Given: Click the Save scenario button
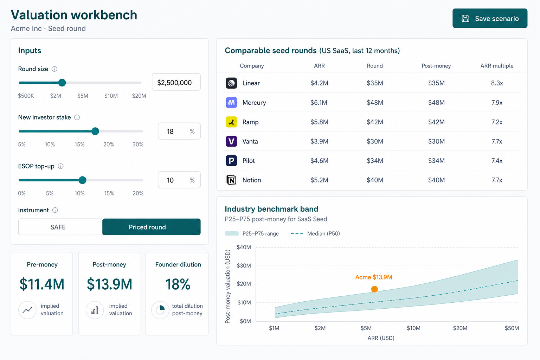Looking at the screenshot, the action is [x=490, y=18].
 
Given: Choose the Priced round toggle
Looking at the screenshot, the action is [x=152, y=227].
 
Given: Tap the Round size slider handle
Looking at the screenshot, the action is [x=62, y=83].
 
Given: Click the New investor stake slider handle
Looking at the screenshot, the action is [x=95, y=131].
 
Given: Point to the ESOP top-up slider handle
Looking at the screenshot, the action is [x=83, y=180].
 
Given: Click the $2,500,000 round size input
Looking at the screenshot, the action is [x=176, y=82].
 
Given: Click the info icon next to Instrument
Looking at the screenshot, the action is [x=55, y=210].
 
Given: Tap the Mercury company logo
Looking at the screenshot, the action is [x=231, y=102].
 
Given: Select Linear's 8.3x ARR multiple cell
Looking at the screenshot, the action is [x=497, y=83].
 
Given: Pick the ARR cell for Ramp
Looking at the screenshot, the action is [x=319, y=122].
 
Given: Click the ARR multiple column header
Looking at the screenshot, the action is [x=497, y=66].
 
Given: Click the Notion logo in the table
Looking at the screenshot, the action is [x=231, y=180].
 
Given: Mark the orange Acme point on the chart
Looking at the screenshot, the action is [x=374, y=289].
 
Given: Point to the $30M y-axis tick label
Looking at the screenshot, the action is [x=244, y=265].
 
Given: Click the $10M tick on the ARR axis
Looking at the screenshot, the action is [x=414, y=328].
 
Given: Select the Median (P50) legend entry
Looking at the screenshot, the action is [x=315, y=233].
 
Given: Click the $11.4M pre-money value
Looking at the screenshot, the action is [x=42, y=284].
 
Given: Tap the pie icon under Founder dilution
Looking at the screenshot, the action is [x=160, y=310].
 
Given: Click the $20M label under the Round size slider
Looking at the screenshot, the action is [x=139, y=96].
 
